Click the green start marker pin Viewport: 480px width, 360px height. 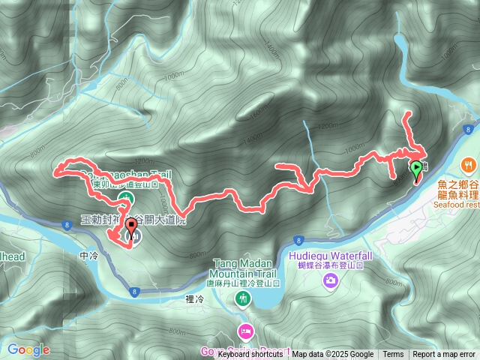416,169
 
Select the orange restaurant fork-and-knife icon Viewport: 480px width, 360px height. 468,163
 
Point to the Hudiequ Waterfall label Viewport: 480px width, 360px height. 330,255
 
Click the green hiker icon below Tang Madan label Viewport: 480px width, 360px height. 242,299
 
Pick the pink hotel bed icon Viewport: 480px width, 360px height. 245,331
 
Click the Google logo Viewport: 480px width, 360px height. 28,349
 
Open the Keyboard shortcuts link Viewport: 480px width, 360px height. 250,354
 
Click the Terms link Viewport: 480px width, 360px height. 393,354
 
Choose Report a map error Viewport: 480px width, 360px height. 444,354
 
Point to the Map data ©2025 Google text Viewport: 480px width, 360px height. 333,354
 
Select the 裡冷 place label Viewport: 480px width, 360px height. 194,299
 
